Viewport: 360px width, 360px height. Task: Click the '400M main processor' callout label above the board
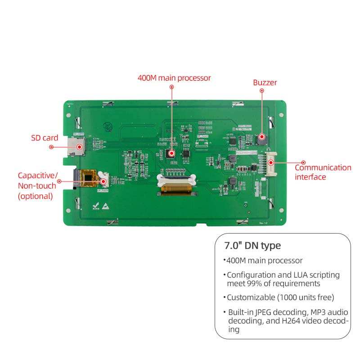[174, 78]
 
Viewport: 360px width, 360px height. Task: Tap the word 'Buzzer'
[265, 82]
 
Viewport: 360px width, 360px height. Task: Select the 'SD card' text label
[45, 138]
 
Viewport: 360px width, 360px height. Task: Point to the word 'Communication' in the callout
[323, 167]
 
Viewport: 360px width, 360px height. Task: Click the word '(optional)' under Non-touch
[35, 196]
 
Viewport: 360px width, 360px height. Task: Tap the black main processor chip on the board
[171, 153]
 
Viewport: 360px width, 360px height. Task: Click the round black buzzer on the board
[261, 139]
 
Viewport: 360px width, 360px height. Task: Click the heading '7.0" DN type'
[252, 246]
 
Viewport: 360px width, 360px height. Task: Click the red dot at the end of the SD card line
[51, 147]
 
